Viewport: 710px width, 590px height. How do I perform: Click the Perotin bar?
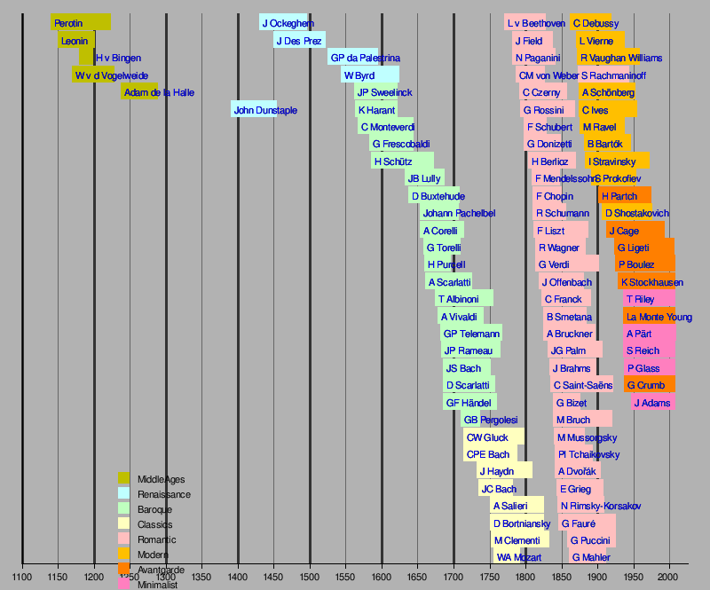[81, 22]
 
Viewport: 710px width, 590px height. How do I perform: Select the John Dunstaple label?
[265, 110]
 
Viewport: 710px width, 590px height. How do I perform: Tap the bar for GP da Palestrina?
[352, 58]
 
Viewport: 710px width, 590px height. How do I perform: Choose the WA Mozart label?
[518, 557]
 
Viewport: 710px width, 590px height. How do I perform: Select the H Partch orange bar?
[625, 195]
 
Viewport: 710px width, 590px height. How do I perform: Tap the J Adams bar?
[653, 402]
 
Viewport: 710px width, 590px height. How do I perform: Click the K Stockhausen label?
[651, 282]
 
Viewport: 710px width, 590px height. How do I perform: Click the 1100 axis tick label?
[22, 572]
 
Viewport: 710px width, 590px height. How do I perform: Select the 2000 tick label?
[669, 572]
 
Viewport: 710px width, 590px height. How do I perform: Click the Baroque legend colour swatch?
[124, 509]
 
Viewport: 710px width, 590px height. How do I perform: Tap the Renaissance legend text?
[164, 494]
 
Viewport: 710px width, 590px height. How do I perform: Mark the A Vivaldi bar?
[464, 317]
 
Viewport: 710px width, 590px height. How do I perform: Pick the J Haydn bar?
[504, 471]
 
